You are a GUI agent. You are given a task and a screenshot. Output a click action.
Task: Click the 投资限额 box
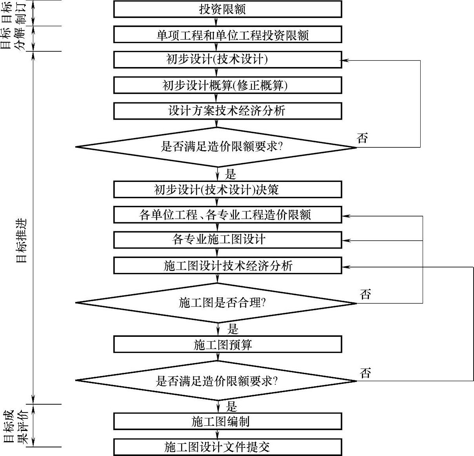[x=227, y=9]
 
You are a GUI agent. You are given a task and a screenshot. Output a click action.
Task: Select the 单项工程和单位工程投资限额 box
[x=227, y=35]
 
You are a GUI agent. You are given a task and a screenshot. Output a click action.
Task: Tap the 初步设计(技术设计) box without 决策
[x=227, y=60]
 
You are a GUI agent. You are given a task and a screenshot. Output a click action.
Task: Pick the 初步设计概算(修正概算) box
[x=227, y=85]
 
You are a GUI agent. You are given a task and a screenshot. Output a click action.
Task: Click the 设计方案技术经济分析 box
[x=227, y=111]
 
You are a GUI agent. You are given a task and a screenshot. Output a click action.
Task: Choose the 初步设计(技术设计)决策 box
[x=227, y=189]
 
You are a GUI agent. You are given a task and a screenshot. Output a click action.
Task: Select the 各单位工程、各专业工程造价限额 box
[x=227, y=215]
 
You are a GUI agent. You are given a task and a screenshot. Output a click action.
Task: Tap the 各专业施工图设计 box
[x=227, y=240]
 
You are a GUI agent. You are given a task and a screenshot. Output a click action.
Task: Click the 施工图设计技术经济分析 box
[x=227, y=265]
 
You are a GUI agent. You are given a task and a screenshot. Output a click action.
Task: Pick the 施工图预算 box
[x=227, y=345]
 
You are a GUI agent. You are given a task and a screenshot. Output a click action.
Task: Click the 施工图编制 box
[x=227, y=421]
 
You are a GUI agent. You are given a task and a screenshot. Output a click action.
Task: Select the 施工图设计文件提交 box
[x=227, y=447]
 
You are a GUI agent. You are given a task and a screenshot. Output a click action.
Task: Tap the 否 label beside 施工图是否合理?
[x=365, y=294]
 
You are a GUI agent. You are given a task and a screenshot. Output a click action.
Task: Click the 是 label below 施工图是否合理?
[x=233, y=328]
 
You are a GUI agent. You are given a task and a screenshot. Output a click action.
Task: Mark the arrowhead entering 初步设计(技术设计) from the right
[x=345, y=60]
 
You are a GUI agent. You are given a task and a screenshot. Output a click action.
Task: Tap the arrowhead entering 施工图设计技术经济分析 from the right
[x=345, y=267]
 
